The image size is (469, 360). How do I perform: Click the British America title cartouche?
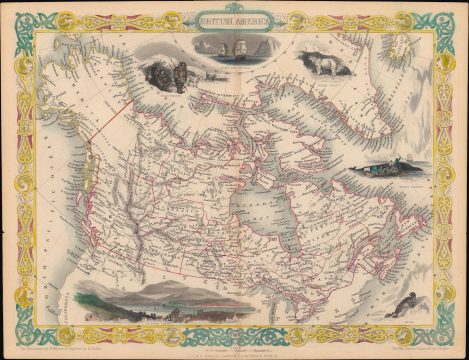[233, 18]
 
